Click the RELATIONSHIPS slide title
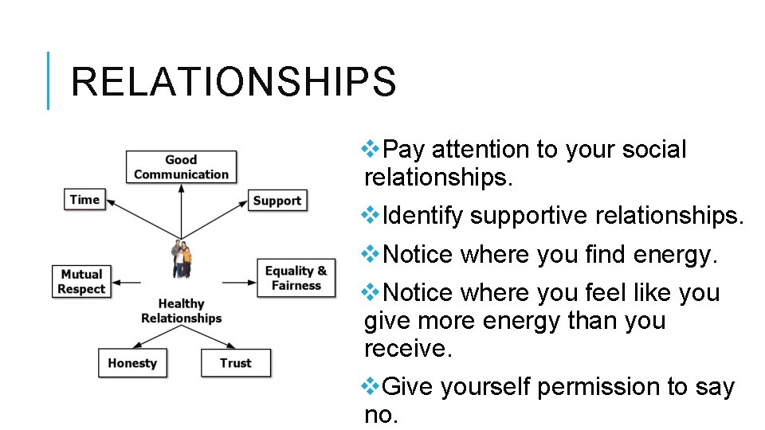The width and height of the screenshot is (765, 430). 233,82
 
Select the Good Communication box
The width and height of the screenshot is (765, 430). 181,167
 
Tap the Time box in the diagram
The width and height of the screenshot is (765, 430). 84,199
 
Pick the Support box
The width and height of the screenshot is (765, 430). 277,201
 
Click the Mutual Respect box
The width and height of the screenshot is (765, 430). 81,282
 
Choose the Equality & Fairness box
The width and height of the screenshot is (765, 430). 296,278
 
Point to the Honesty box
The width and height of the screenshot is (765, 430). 132,363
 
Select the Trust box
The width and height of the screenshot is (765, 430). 235,363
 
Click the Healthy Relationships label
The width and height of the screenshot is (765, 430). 182,311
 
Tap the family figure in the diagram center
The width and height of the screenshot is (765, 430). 182,260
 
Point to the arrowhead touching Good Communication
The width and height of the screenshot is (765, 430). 182,189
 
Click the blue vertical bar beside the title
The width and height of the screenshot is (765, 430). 49,80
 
